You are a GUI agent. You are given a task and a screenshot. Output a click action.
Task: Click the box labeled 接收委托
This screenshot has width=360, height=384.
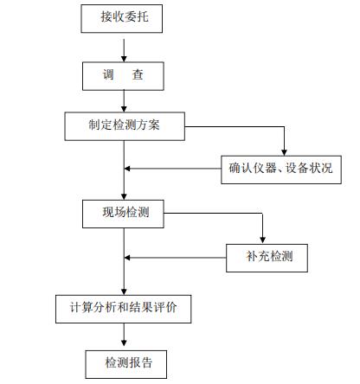pyautogui.click(x=122, y=18)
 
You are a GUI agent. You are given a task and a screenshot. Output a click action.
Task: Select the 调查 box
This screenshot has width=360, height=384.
pyautogui.click(x=123, y=76)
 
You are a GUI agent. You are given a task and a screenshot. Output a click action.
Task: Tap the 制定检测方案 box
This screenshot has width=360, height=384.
pyautogui.click(x=125, y=126)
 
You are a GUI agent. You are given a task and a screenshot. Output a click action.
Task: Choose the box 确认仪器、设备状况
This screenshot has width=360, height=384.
pyautogui.click(x=281, y=170)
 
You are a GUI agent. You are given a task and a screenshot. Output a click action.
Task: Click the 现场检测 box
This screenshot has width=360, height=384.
pyautogui.click(x=123, y=214)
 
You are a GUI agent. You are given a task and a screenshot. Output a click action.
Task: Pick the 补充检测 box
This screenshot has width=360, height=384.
pyautogui.click(x=267, y=258)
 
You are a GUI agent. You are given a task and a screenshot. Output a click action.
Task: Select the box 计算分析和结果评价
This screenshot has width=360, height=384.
pyautogui.click(x=124, y=309)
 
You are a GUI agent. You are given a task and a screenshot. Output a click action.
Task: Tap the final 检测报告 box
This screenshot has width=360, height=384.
pyautogui.click(x=126, y=364)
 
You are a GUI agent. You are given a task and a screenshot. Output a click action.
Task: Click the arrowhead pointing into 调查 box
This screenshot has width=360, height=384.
pyautogui.click(x=124, y=59)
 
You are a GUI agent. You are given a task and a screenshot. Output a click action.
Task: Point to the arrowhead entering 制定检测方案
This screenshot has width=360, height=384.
pyautogui.click(x=124, y=109)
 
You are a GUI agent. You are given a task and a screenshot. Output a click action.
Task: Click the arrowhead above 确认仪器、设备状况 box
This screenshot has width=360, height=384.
pyautogui.click(x=284, y=152)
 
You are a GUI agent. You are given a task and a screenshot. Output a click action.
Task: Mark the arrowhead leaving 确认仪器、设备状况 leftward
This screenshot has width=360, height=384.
pyautogui.click(x=127, y=169)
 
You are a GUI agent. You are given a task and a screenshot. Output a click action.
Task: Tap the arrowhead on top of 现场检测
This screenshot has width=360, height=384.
pyautogui.click(x=124, y=196)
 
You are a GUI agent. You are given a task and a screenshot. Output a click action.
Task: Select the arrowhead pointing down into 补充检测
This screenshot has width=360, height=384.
pyautogui.click(x=262, y=240)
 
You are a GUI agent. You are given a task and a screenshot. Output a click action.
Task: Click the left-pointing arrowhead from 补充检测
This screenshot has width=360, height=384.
pyautogui.click(x=127, y=258)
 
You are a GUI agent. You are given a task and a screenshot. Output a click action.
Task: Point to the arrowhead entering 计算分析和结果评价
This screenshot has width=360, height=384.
pyautogui.click(x=124, y=291)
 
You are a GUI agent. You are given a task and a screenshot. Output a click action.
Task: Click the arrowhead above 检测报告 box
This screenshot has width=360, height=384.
pyautogui.click(x=124, y=343)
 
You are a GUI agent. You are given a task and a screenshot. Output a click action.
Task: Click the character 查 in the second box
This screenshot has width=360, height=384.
pyautogui.click(x=138, y=75)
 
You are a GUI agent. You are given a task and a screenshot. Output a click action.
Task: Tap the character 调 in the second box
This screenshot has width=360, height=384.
pyautogui.click(x=108, y=75)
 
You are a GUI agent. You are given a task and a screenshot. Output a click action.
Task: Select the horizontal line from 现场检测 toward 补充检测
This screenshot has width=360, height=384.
pyautogui.click(x=213, y=214)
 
